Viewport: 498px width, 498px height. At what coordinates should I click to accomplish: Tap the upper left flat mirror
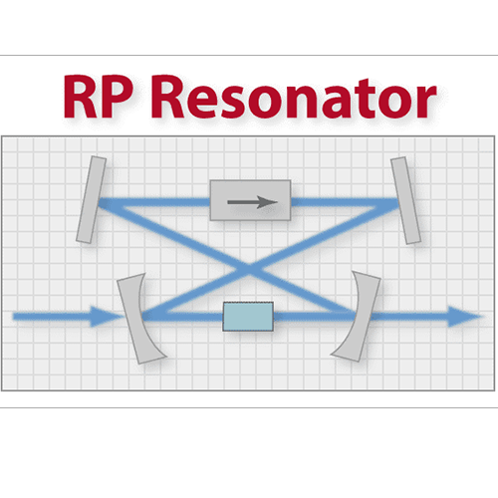[91, 199]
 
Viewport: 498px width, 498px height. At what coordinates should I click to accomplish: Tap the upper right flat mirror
[405, 200]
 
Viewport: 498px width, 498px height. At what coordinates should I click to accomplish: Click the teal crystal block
[248, 317]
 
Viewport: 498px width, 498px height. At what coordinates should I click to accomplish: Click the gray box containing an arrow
[251, 200]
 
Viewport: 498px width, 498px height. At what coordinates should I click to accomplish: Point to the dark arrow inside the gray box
[252, 202]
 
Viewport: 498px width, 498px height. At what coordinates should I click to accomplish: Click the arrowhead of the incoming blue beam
[105, 317]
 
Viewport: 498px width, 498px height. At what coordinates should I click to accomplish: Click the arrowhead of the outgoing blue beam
[464, 317]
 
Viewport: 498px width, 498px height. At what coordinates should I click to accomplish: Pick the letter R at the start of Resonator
[169, 97]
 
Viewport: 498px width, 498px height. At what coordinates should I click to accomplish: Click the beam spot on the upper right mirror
[396, 202]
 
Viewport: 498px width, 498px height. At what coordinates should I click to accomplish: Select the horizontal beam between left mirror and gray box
[155, 202]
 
